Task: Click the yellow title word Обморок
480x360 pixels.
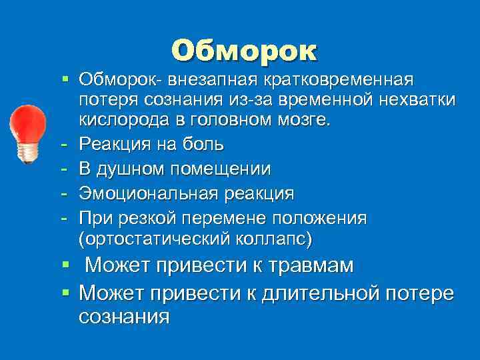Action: tap(244, 51)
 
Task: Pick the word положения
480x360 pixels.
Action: tap(321, 217)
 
